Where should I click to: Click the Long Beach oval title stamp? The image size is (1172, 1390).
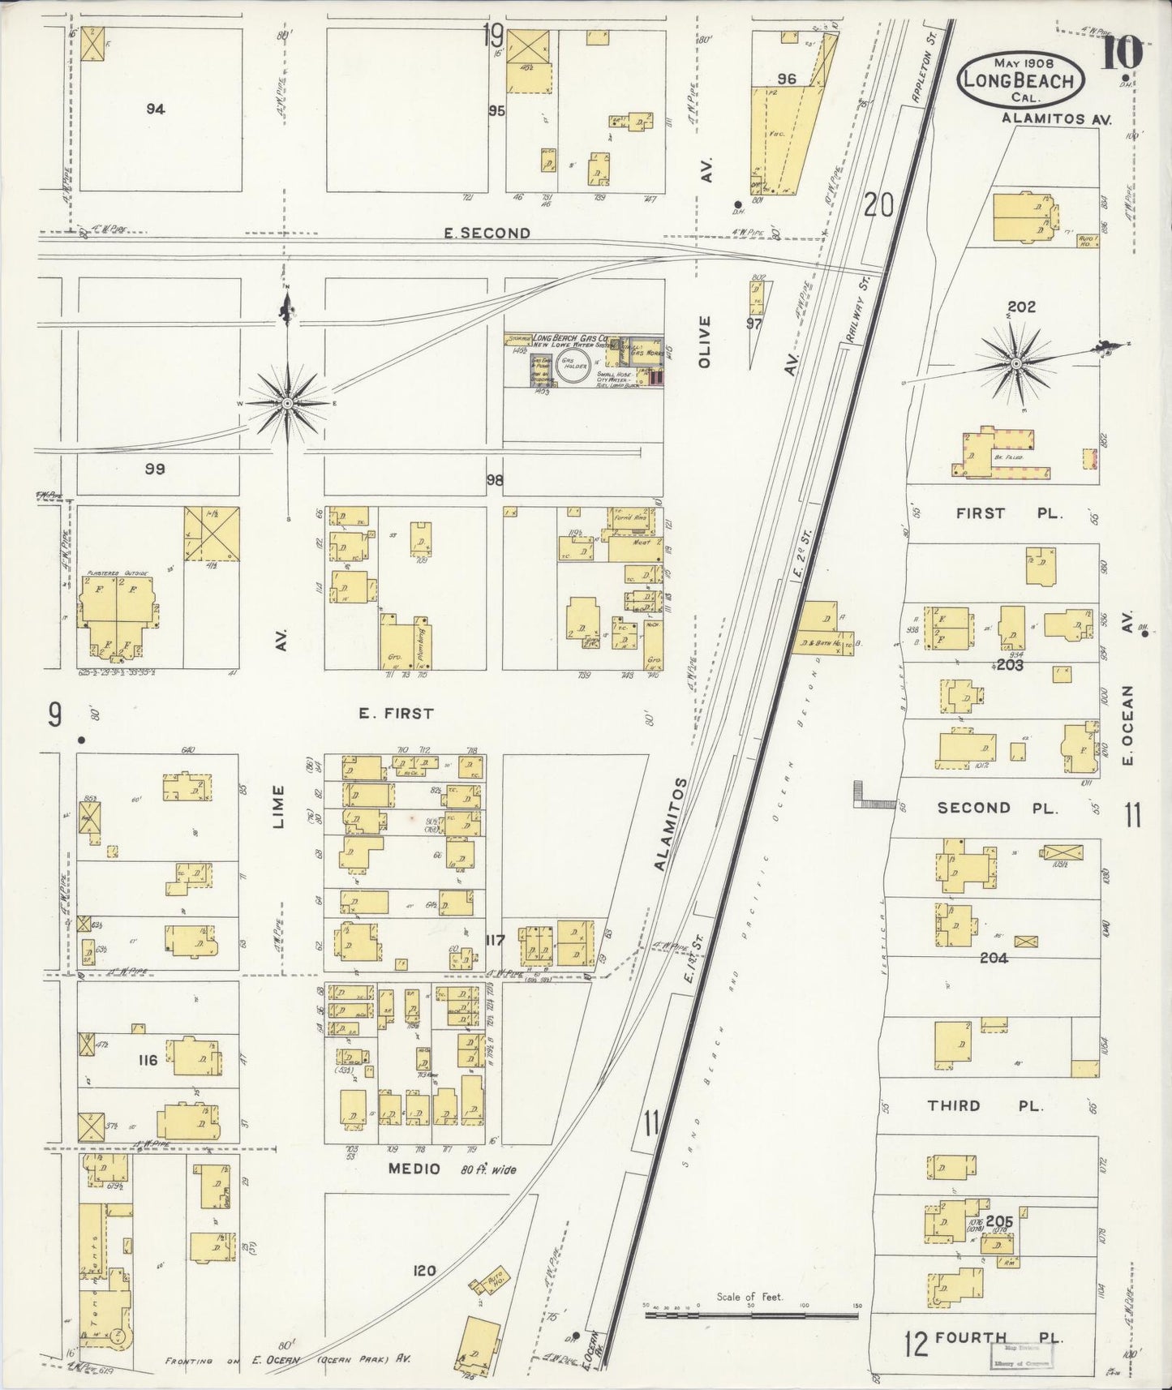coord(1020,80)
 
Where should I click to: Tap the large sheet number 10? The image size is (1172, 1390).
coord(1123,54)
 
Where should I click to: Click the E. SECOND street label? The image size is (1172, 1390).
coord(487,234)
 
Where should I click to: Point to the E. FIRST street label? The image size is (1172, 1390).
coord(396,714)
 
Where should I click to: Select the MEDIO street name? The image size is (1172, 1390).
coord(414,1169)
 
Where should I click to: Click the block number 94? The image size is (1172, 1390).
coord(155,109)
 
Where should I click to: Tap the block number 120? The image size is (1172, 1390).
coord(424,1271)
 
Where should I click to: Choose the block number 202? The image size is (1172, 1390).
coord(1021,307)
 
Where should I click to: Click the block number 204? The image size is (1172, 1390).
coord(994,958)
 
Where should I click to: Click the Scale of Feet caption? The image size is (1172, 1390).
coord(749,1297)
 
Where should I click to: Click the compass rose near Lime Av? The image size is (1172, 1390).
coord(287,403)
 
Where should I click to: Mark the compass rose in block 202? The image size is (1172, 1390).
coord(1015,365)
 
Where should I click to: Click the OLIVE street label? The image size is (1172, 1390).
coord(704,341)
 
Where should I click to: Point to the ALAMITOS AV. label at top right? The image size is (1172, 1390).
coord(1055,118)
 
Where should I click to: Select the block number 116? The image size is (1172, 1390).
coord(148,1059)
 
